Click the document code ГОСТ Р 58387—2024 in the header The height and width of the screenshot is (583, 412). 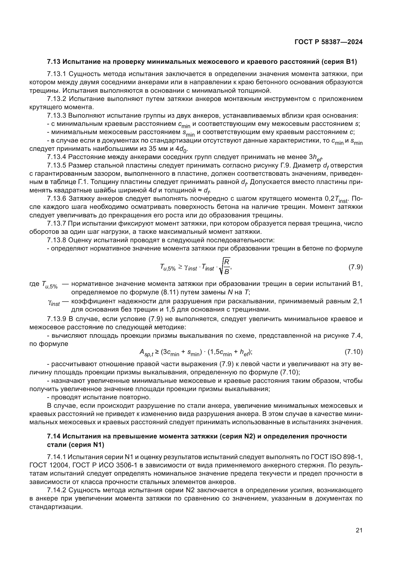(x=329, y=42)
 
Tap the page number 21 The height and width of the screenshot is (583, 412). (x=359, y=530)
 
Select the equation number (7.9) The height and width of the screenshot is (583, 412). (x=355, y=267)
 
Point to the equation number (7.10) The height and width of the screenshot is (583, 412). (x=354, y=352)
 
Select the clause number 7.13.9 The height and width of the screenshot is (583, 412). (x=57, y=319)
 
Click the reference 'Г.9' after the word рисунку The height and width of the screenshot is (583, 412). (x=285, y=166)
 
